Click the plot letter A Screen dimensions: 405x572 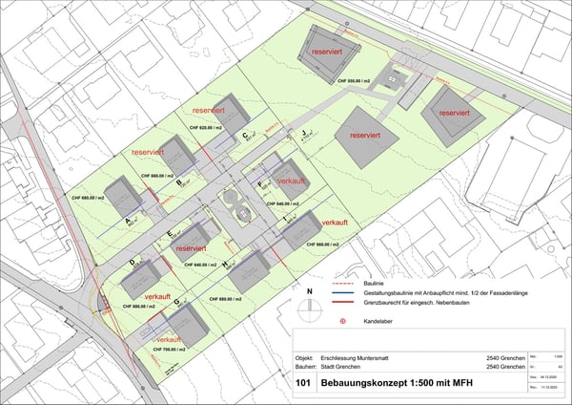pyautogui.click(x=130, y=219)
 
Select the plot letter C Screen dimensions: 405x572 pyautogui.click(x=245, y=136)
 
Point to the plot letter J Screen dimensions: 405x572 pyautogui.click(x=303, y=133)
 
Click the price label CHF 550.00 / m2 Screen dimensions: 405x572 pyautogui.click(x=355, y=82)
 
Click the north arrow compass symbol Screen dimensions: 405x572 pyautogui.click(x=309, y=309)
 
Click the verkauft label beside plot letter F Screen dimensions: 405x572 pyautogui.click(x=292, y=181)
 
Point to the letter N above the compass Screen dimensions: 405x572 pyautogui.click(x=309, y=289)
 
